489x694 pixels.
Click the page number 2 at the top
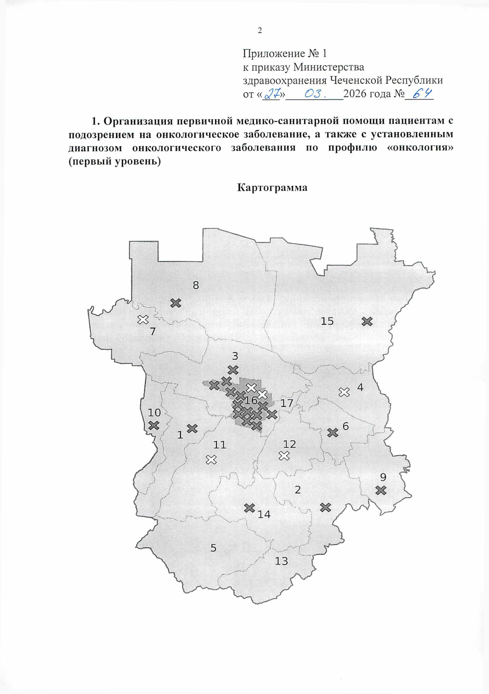(x=260, y=31)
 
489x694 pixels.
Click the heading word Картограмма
(x=272, y=188)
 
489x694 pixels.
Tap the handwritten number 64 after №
(x=422, y=94)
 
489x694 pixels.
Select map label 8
(x=196, y=285)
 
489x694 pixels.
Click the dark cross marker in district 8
(x=176, y=303)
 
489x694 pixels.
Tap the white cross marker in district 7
(x=143, y=319)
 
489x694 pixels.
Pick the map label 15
(x=327, y=321)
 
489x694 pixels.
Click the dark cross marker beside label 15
(x=367, y=322)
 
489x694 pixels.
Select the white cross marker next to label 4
(x=344, y=392)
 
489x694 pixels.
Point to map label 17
(x=287, y=403)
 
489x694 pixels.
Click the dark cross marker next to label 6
(x=333, y=432)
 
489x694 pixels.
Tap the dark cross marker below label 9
(x=381, y=490)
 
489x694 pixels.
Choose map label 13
(x=281, y=561)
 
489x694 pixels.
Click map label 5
(x=214, y=548)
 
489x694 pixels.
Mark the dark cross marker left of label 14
(x=249, y=508)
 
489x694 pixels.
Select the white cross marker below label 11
(x=211, y=460)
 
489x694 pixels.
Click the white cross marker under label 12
(x=284, y=456)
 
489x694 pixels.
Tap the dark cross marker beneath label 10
(x=154, y=425)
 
